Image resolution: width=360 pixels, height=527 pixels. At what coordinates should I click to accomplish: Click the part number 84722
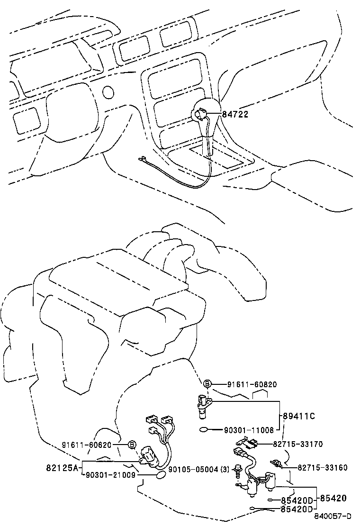(235, 114)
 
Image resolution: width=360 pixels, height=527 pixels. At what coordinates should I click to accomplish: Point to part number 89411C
(299, 416)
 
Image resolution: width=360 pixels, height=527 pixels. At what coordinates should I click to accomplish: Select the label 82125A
(62, 468)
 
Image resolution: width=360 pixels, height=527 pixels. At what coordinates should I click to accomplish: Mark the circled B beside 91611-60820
(207, 384)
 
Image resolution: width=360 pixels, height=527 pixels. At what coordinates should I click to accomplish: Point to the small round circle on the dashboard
(108, 91)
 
